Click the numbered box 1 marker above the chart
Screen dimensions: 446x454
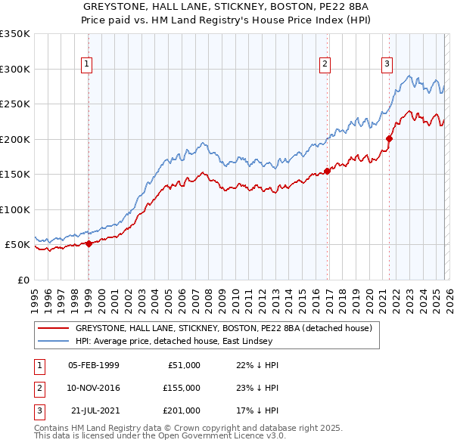[x=88, y=64]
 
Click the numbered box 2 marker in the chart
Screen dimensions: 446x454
[x=325, y=64]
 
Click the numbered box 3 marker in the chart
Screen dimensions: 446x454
[x=387, y=64]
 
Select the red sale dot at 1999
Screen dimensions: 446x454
[x=89, y=243]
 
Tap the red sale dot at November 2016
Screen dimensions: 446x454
[x=328, y=171]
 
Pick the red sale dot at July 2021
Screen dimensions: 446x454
[x=390, y=138]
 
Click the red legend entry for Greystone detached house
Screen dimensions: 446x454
[x=223, y=329]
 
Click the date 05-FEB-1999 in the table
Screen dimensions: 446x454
[x=93, y=365]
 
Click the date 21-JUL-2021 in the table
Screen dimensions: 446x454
[x=93, y=410]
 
